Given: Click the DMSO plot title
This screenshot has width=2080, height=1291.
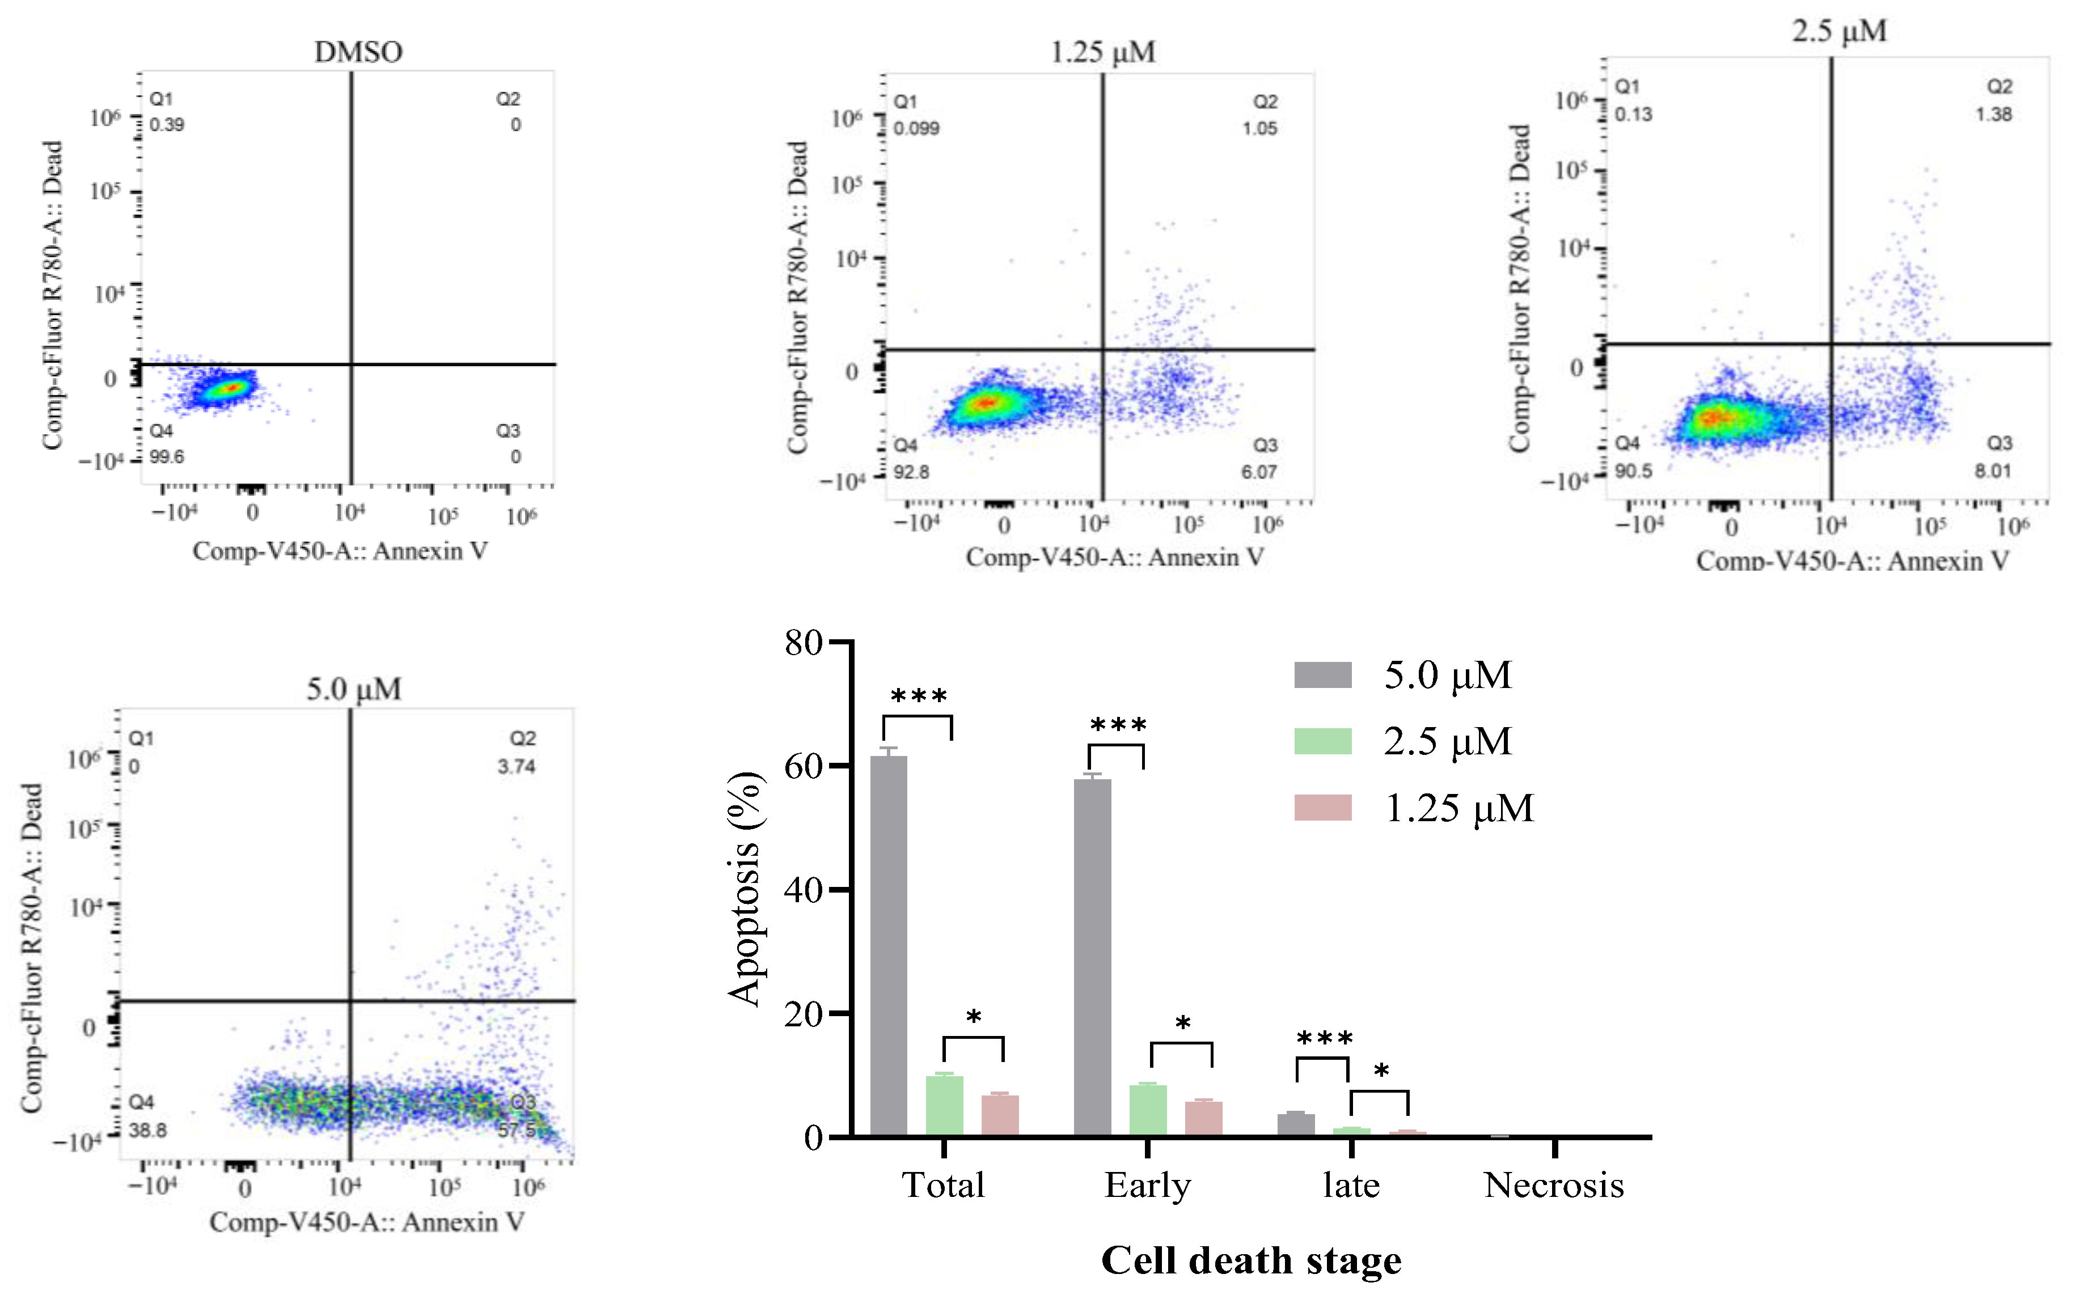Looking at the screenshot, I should pyautogui.click(x=358, y=52).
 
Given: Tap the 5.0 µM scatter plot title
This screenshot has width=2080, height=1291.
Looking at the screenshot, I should pyautogui.click(x=354, y=688).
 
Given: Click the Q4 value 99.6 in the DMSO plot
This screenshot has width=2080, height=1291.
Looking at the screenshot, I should pyautogui.click(x=167, y=457).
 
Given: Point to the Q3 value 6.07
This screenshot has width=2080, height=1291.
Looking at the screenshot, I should pyautogui.click(x=1259, y=472).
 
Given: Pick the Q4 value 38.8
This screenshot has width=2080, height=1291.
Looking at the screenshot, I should pyautogui.click(x=148, y=1131).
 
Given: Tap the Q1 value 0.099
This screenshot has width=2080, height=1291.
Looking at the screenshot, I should pyautogui.click(x=916, y=128).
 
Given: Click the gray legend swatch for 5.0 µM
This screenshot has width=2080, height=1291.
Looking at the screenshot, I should pyautogui.click(x=1322, y=674).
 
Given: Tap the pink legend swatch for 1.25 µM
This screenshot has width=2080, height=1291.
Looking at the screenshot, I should pyautogui.click(x=1322, y=808).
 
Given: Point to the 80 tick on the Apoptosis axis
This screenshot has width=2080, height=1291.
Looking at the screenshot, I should pyautogui.click(x=803, y=642).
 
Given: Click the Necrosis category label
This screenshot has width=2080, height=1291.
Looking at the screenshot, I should pyautogui.click(x=1554, y=1185).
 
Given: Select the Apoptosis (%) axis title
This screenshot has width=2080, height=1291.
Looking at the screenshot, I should pyautogui.click(x=745, y=888).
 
